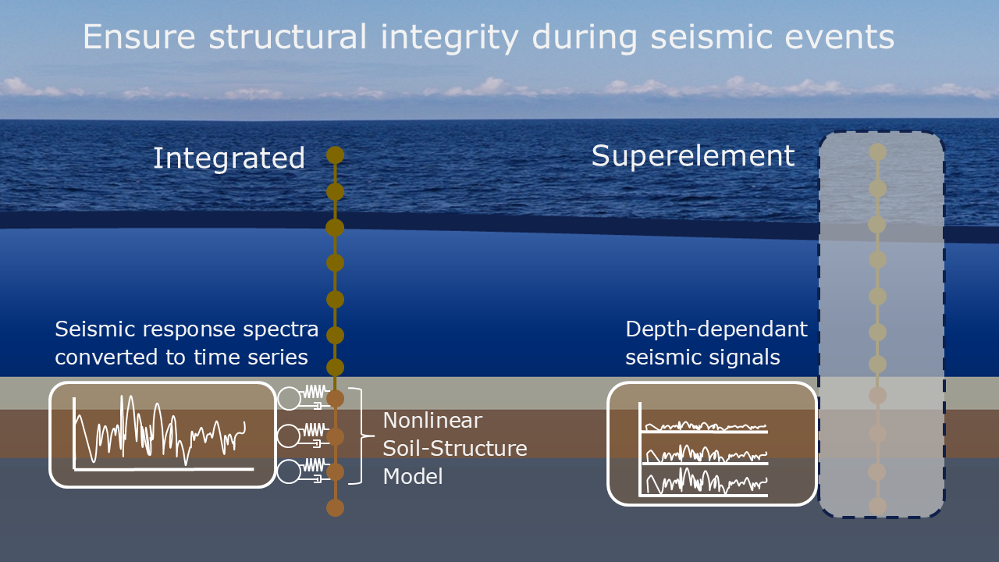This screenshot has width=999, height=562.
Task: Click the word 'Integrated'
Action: pyautogui.click(x=229, y=158)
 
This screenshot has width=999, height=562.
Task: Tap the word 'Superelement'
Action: pyautogui.click(x=693, y=156)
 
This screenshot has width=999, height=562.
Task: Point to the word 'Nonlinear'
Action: pyautogui.click(x=432, y=421)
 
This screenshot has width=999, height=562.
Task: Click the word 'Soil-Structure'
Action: pyautogui.click(x=455, y=449)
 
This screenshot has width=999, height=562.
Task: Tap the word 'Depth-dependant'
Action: pyautogui.click(x=716, y=329)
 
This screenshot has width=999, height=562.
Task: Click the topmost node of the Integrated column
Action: pyautogui.click(x=335, y=155)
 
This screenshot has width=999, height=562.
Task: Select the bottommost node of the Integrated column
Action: pyautogui.click(x=335, y=508)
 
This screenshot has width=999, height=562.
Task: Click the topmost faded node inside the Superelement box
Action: pyautogui.click(x=878, y=151)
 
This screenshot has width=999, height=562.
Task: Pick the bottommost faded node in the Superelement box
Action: pyautogui.click(x=878, y=506)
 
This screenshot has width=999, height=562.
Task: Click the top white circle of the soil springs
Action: pyautogui.click(x=289, y=398)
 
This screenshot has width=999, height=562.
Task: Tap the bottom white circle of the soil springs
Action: pyautogui.click(x=289, y=471)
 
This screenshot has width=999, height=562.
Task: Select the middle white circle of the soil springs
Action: pyautogui.click(x=289, y=435)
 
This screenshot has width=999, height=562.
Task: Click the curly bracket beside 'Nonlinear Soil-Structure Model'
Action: pyautogui.click(x=358, y=436)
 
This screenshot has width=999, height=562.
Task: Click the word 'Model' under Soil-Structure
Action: pyautogui.click(x=413, y=476)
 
